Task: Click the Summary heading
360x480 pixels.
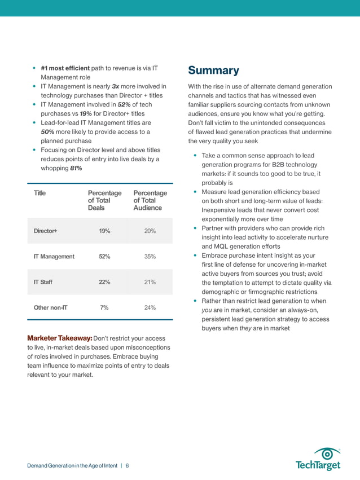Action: [x=213, y=71]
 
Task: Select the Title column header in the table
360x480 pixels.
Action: [x=39, y=193]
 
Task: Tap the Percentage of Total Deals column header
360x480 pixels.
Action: [x=104, y=201]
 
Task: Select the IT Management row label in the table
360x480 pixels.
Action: [x=54, y=257]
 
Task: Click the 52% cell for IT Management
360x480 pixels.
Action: [x=104, y=257]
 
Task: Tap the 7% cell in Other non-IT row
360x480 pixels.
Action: [x=104, y=308]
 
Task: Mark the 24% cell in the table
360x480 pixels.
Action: [x=150, y=308]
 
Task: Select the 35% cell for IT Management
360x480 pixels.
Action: [x=150, y=257]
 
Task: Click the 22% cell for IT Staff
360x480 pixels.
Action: [x=104, y=282]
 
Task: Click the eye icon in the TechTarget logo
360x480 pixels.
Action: [x=326, y=453]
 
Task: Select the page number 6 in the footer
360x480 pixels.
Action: [x=128, y=466]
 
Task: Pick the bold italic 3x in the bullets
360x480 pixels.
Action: [x=115, y=86]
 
